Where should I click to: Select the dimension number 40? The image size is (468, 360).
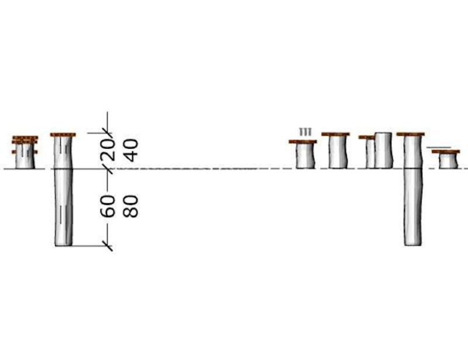pyautogui.click(x=130, y=150)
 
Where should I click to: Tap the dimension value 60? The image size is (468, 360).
pyautogui.click(x=107, y=206)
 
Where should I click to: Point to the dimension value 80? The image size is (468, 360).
pyautogui.click(x=130, y=206)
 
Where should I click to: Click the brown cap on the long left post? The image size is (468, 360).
pyautogui.click(x=63, y=135)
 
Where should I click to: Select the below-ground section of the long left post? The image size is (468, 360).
pyautogui.click(x=64, y=207)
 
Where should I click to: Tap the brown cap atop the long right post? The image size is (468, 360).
pyautogui.click(x=411, y=134)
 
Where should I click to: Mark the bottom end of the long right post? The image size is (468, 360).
pyautogui.click(x=413, y=245)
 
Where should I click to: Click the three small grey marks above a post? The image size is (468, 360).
pyautogui.click(x=305, y=132)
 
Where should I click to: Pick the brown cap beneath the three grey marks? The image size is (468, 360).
pyautogui.click(x=302, y=142)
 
